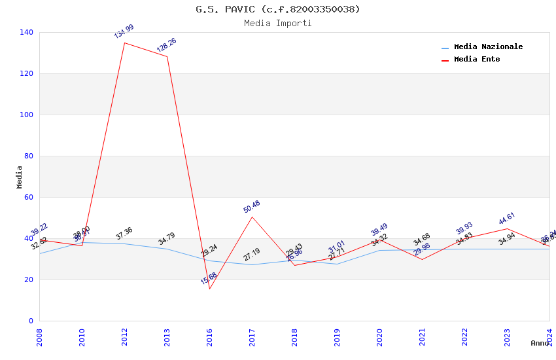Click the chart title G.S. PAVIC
pyautogui.click(x=278, y=9)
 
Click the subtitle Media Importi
pyautogui.click(x=278, y=23)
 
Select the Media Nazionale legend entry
pyautogui.click(x=488, y=47)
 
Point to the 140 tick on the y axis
pyautogui.click(x=27, y=32)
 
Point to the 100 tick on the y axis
pyautogui.click(x=27, y=115)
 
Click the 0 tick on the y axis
pyautogui.click(x=31, y=321)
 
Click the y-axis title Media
pyautogui.click(x=19, y=177)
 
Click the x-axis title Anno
pyautogui.click(x=540, y=343)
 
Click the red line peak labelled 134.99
pyautogui.click(x=124, y=43)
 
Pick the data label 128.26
pyautogui.click(x=166, y=45)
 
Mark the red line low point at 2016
pyautogui.click(x=209, y=289)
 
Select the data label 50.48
pyautogui.click(x=252, y=207)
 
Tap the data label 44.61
pyautogui.click(x=507, y=219)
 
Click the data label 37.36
pyautogui.click(x=124, y=233)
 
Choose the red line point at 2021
pyautogui.click(x=422, y=259)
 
